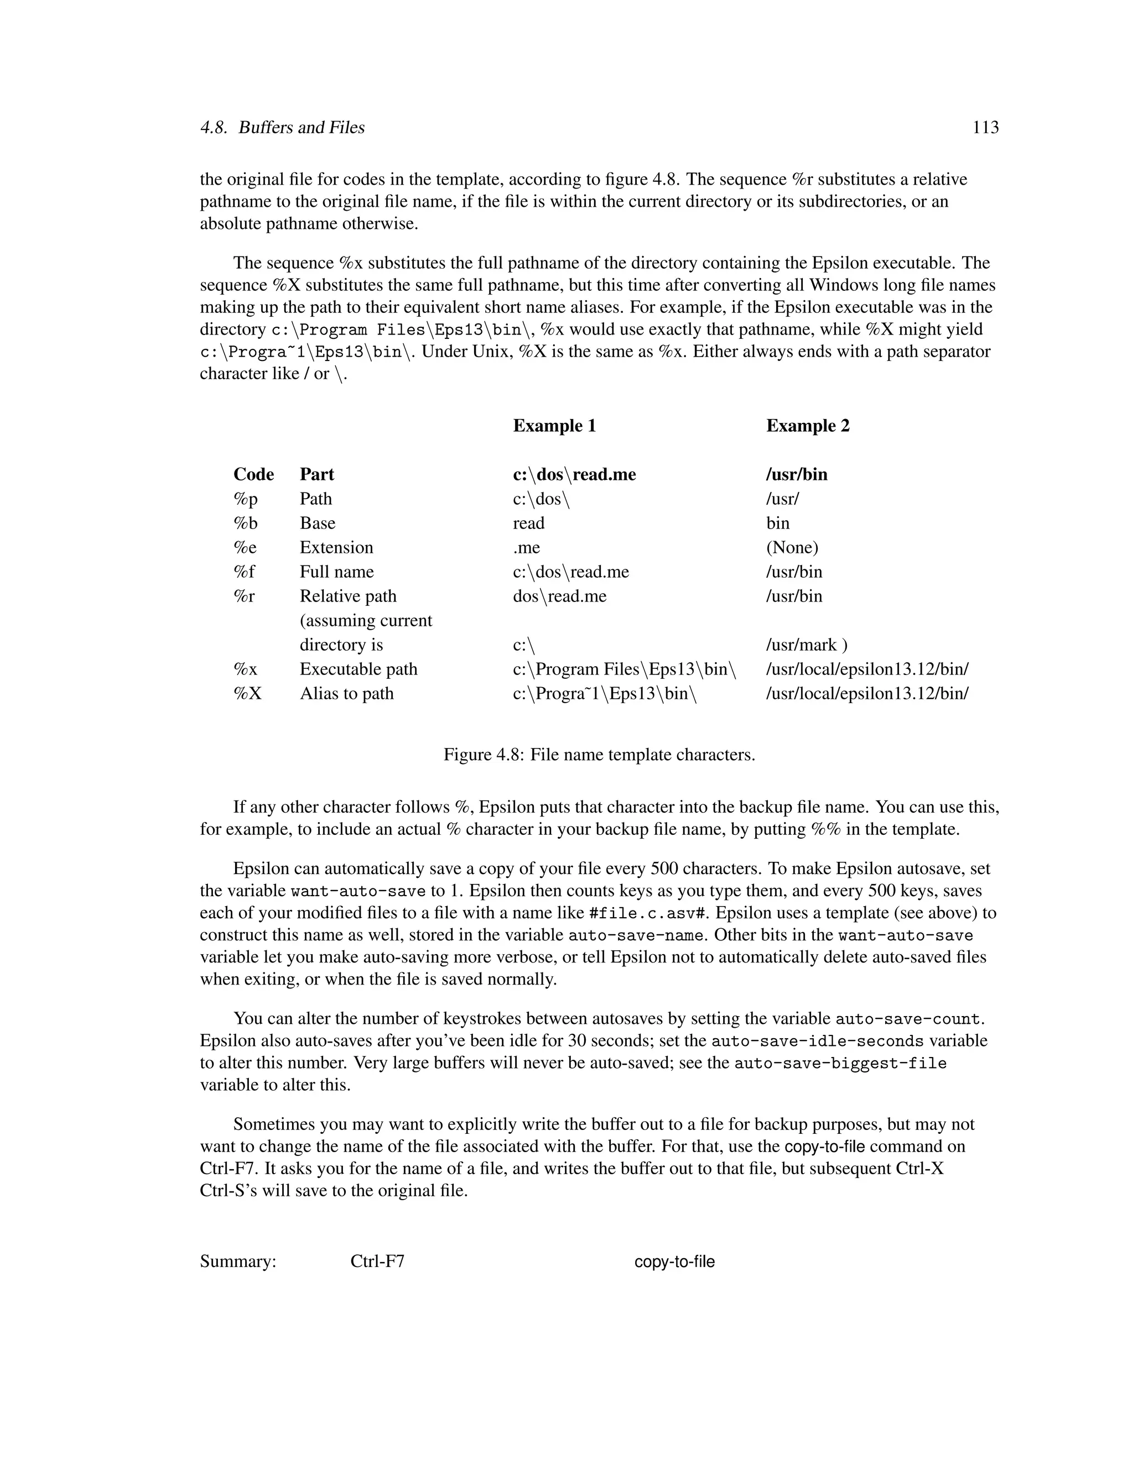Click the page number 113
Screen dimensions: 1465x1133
click(x=985, y=128)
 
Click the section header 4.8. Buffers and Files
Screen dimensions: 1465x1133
click(x=282, y=128)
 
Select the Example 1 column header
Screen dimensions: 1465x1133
click(x=554, y=426)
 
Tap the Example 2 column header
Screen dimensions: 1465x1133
click(x=808, y=426)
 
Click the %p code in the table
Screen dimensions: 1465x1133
click(x=245, y=499)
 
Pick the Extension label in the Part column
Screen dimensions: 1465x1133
click(x=336, y=547)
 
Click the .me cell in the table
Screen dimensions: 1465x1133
click(x=526, y=547)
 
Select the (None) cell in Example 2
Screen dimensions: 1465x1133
click(x=792, y=547)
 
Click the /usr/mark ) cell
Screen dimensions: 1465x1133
click(x=806, y=645)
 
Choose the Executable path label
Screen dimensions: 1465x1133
click(x=358, y=669)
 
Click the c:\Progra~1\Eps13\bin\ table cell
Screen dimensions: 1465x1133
click(x=605, y=694)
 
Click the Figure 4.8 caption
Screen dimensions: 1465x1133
click(x=599, y=755)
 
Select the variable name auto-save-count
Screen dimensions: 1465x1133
click(x=908, y=1019)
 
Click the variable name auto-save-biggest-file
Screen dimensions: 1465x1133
click(x=840, y=1063)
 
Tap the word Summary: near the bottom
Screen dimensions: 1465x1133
click(x=238, y=1262)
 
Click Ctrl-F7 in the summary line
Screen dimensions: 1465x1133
click(x=377, y=1262)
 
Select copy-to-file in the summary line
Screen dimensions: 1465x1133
click(x=674, y=1262)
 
